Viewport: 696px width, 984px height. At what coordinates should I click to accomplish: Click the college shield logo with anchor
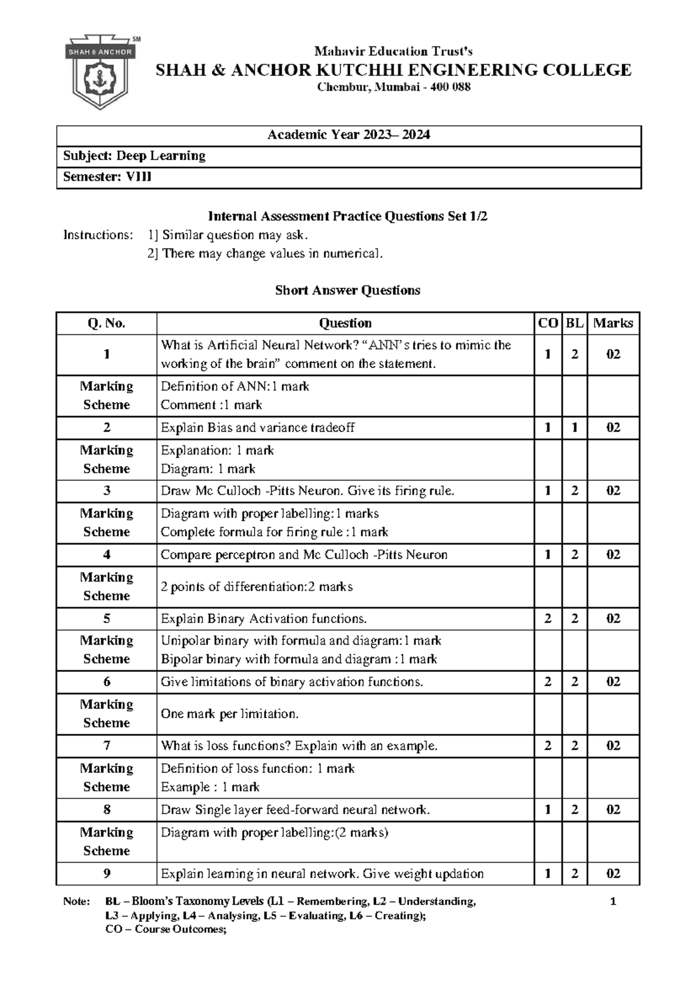pyautogui.click(x=101, y=73)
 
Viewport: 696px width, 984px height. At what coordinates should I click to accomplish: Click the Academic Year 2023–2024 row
pyautogui.click(x=349, y=135)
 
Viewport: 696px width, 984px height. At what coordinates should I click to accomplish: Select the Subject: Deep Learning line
pyautogui.click(x=134, y=156)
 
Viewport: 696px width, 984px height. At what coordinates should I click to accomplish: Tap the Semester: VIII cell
pyautogui.click(x=107, y=177)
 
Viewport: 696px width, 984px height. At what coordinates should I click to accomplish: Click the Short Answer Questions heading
pyautogui.click(x=347, y=290)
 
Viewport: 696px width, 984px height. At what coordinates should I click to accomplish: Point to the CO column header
pyautogui.click(x=548, y=323)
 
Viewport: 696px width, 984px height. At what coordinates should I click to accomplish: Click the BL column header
pyautogui.click(x=574, y=323)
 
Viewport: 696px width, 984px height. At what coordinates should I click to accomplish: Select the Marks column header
pyautogui.click(x=613, y=323)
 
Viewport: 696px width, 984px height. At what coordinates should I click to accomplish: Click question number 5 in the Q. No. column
pyautogui.click(x=106, y=618)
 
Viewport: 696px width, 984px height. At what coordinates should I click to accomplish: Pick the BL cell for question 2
pyautogui.click(x=574, y=428)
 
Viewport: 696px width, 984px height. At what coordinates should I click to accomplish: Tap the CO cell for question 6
pyautogui.click(x=548, y=682)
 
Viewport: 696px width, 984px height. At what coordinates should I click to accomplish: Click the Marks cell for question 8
pyautogui.click(x=613, y=809)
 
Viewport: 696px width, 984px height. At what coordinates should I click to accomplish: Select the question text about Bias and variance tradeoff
pyautogui.click(x=258, y=428)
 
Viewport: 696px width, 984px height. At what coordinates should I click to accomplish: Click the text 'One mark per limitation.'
pyautogui.click(x=230, y=714)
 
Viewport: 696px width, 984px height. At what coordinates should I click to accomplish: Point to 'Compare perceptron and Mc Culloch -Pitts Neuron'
pyautogui.click(x=304, y=555)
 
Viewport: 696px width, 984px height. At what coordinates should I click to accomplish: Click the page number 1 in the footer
pyautogui.click(x=613, y=901)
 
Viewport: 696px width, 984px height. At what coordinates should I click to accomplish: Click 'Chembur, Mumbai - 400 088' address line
pyautogui.click(x=393, y=88)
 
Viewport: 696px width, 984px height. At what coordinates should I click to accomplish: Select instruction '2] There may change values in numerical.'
pyautogui.click(x=265, y=254)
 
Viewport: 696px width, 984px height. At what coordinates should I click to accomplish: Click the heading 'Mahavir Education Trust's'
pyautogui.click(x=393, y=52)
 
